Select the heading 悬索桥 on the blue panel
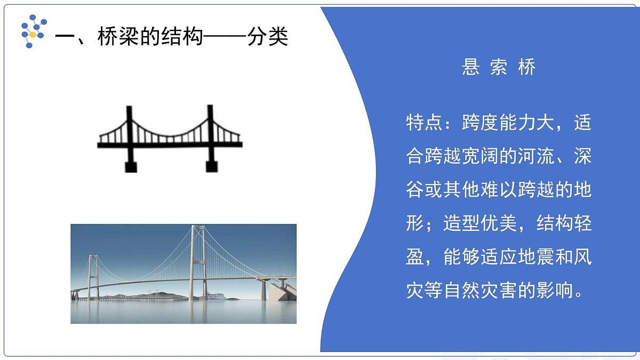coord(499,67)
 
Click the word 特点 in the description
coord(424,124)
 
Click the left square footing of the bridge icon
coord(130,166)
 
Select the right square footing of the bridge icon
coord(211,166)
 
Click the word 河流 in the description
coord(536,157)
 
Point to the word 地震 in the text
coord(499,258)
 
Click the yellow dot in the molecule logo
coord(33,35)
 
